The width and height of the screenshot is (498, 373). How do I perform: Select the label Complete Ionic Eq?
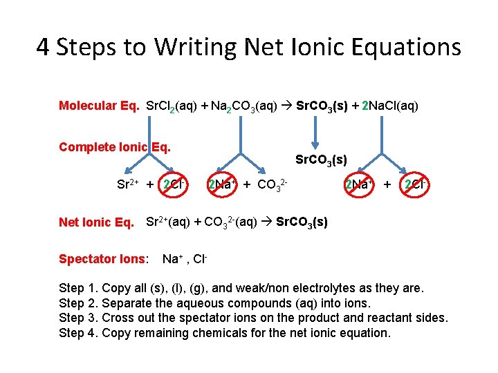(x=115, y=146)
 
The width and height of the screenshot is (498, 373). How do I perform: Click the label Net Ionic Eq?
(x=97, y=222)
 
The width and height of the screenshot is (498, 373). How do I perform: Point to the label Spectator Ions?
(x=103, y=259)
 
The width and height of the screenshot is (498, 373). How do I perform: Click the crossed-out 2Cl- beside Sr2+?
(x=173, y=184)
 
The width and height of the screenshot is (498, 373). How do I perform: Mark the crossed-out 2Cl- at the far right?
(x=415, y=184)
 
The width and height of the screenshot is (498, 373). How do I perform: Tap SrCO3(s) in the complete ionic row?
(x=321, y=160)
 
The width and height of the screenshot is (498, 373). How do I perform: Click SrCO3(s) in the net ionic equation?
(x=302, y=222)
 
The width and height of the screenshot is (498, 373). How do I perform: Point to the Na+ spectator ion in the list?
(x=171, y=259)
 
